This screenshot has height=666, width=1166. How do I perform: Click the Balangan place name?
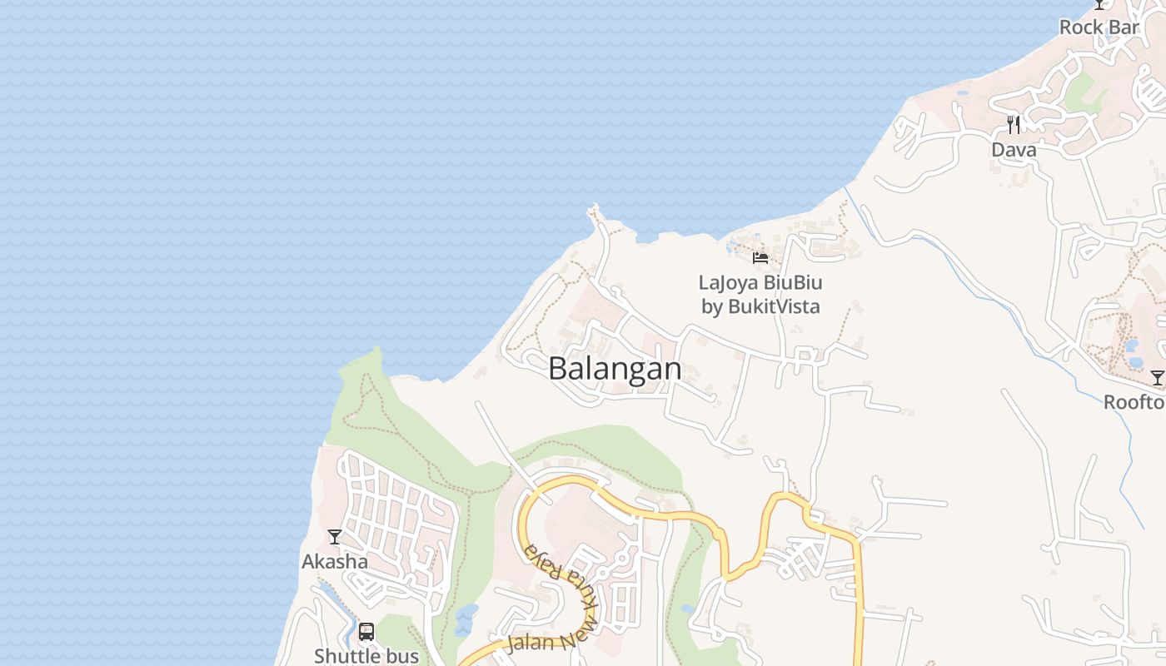pos(615,369)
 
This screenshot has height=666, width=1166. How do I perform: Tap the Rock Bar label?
pos(1099,27)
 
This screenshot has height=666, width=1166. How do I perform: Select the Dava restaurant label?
pos(1014,150)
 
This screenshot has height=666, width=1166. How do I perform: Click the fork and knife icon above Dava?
pos(1014,125)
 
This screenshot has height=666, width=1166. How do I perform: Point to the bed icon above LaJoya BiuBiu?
pos(760,257)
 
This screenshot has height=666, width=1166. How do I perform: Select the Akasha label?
pos(334,562)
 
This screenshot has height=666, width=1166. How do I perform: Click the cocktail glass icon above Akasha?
pos(334,537)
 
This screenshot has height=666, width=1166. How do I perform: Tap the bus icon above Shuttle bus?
pos(366,632)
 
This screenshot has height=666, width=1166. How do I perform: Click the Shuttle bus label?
pos(366,656)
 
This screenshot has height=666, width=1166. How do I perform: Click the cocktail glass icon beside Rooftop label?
pos(1157,378)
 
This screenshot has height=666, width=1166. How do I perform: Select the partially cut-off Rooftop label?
pos(1134,403)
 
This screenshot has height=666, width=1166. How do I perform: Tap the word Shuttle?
pos(345,656)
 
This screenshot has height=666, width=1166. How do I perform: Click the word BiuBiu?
pos(794,283)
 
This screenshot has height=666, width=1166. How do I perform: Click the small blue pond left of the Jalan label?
pos(465,620)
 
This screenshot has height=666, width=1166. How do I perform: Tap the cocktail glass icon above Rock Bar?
pos(1099,4)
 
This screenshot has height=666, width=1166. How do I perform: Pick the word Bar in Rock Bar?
pos(1123,27)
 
